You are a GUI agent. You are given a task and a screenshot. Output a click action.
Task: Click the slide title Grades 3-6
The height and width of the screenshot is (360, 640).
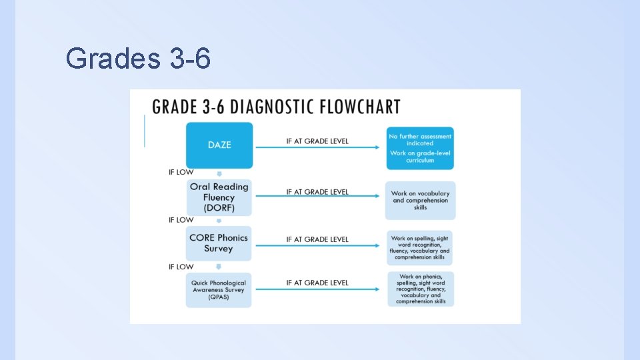point(139,59)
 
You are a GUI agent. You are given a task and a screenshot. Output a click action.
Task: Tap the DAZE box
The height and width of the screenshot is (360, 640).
point(219,145)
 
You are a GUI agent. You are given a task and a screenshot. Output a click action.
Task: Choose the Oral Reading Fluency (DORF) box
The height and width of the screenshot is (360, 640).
point(219,197)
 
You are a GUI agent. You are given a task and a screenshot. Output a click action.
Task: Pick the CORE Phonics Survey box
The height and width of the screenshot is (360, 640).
point(219,243)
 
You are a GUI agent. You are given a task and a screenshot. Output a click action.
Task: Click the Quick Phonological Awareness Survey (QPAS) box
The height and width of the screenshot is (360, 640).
point(219,290)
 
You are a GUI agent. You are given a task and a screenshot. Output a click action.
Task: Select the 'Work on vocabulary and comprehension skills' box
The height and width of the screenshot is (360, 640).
point(420,200)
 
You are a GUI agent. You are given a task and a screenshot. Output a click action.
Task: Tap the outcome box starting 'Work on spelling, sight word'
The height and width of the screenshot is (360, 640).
point(420,247)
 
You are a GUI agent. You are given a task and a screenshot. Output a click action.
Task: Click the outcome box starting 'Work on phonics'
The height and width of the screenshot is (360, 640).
point(421,289)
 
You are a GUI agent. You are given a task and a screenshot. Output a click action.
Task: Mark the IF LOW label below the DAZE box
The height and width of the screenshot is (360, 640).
point(181,172)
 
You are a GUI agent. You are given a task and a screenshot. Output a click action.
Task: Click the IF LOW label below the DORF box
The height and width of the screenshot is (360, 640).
point(181,219)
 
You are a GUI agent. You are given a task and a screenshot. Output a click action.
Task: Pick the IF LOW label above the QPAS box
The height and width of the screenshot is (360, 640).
point(181,267)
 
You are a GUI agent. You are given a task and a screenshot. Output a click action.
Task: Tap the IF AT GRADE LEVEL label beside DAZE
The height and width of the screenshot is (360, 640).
point(317,141)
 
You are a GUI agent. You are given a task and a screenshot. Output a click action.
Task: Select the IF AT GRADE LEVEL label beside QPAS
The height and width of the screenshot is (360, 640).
point(317,283)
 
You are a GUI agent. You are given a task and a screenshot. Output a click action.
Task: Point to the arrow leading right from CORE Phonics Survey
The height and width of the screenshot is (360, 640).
point(320,246)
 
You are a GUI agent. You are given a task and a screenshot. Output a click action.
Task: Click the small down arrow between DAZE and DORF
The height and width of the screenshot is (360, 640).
point(219,175)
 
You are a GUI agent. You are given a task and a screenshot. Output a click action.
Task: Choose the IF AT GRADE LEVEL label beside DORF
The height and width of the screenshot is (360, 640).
point(317,192)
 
